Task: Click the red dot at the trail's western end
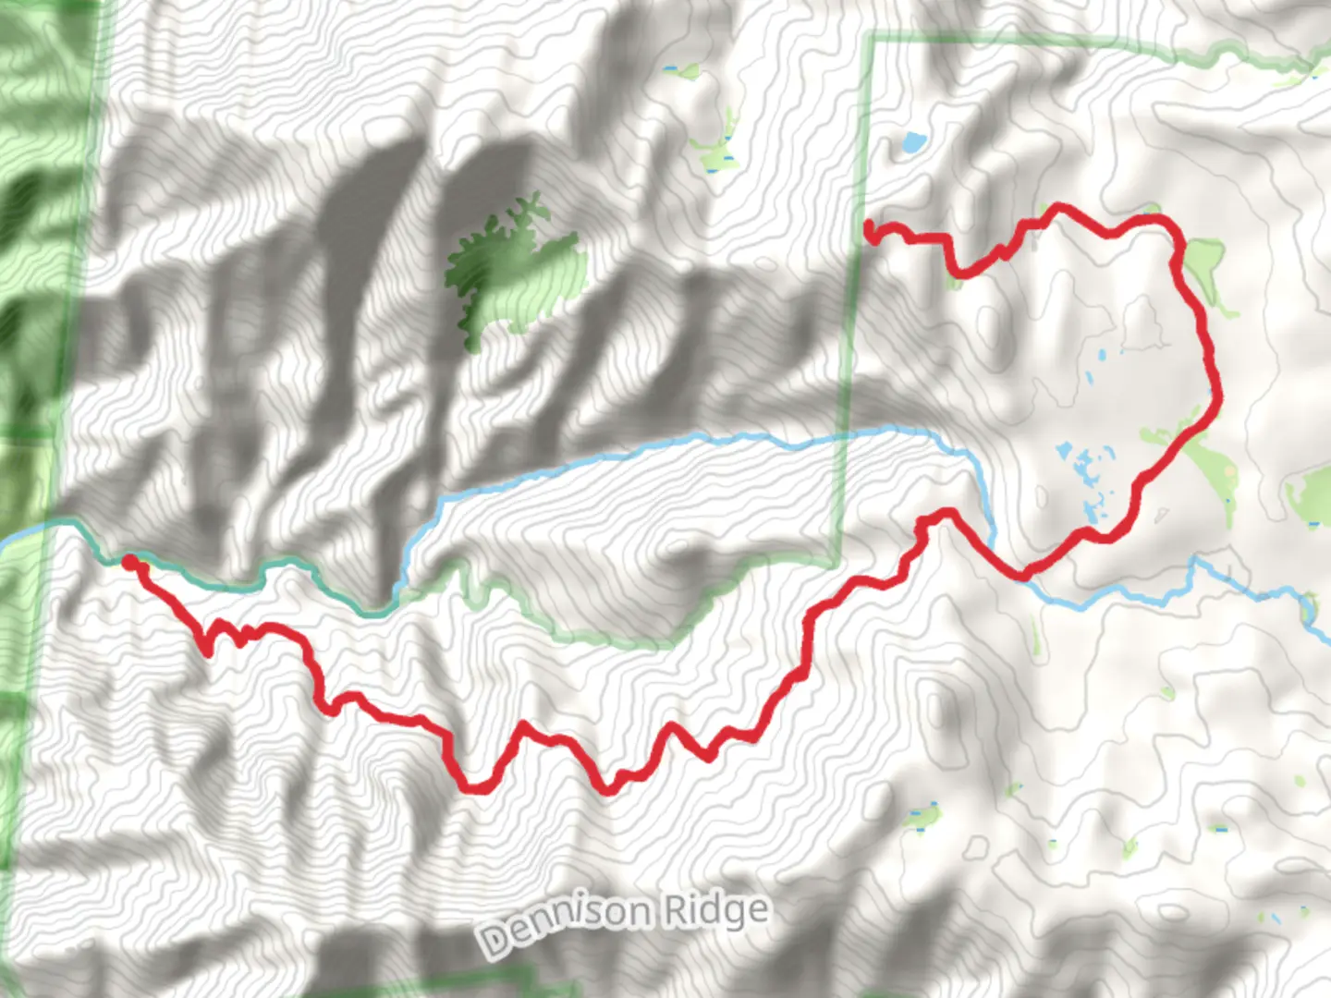coord(130,561)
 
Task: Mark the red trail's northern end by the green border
coord(869,227)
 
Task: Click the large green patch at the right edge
coord(1311,494)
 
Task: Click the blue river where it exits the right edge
coord(1324,638)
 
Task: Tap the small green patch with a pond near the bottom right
coord(922,817)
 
